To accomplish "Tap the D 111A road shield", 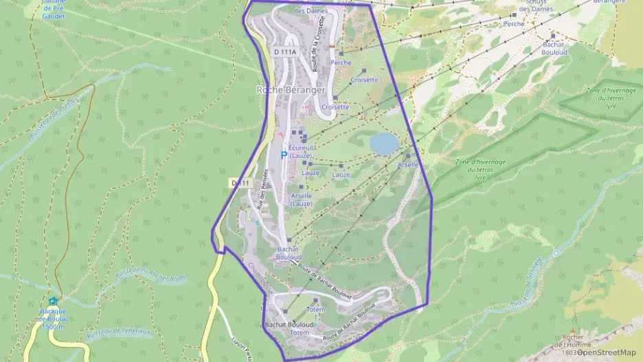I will (284, 52).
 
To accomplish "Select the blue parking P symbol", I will (283, 156).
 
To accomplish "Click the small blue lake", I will (383, 143).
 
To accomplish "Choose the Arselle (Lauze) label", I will (302, 199).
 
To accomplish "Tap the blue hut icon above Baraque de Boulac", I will (53, 301).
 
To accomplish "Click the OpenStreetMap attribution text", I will (604, 352).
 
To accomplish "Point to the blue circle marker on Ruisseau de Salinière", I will (556, 253).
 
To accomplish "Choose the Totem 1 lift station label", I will (315, 310).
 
